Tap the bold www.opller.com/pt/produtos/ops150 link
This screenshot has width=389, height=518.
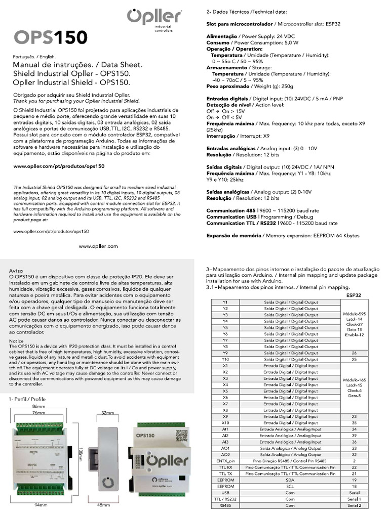(58, 166)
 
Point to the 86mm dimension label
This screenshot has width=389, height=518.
(38, 406)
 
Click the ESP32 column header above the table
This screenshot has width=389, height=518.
(354, 294)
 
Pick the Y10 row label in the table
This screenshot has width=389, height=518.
(225, 359)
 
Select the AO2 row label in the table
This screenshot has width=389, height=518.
(225, 454)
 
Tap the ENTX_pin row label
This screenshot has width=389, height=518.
(225, 461)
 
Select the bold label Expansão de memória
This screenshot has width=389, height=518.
(234, 236)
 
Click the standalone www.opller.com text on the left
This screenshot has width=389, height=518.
(98, 246)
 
